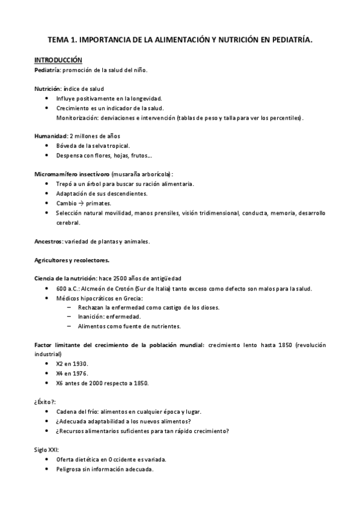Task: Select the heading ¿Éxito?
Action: point(46,402)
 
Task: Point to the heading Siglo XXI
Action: point(46,449)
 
